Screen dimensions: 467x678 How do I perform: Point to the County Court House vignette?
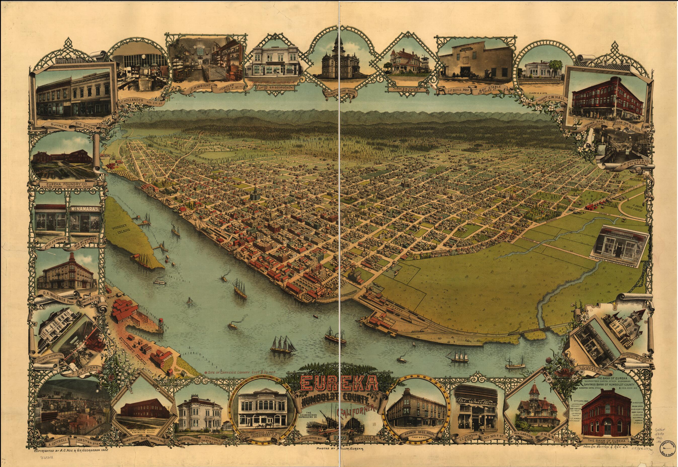coord(340,60)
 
